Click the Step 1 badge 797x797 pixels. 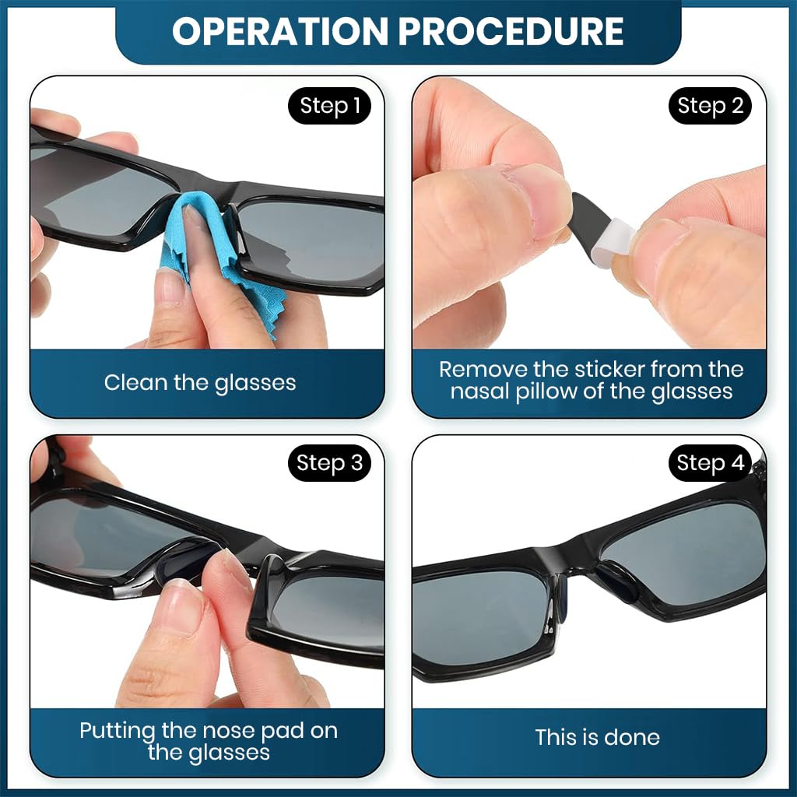330,107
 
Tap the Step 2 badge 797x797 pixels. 710,107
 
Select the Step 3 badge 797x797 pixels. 329,464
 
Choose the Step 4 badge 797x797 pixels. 710,464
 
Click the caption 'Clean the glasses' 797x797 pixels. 200,383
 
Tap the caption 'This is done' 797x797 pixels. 597,738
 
